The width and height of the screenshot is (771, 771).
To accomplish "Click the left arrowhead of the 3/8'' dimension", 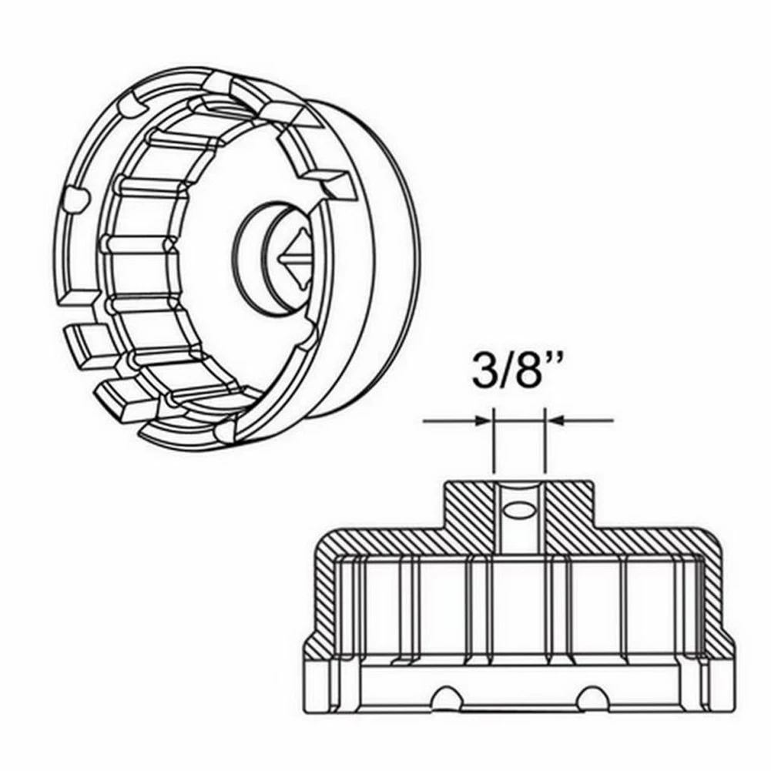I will pos(484,421).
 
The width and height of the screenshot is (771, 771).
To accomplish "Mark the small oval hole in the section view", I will pos(520,510).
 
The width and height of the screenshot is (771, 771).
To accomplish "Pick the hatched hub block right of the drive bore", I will pos(570,512).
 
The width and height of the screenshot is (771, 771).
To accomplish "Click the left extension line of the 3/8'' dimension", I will pos(493,447).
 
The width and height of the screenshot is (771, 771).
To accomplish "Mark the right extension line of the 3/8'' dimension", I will pos(545,447).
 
